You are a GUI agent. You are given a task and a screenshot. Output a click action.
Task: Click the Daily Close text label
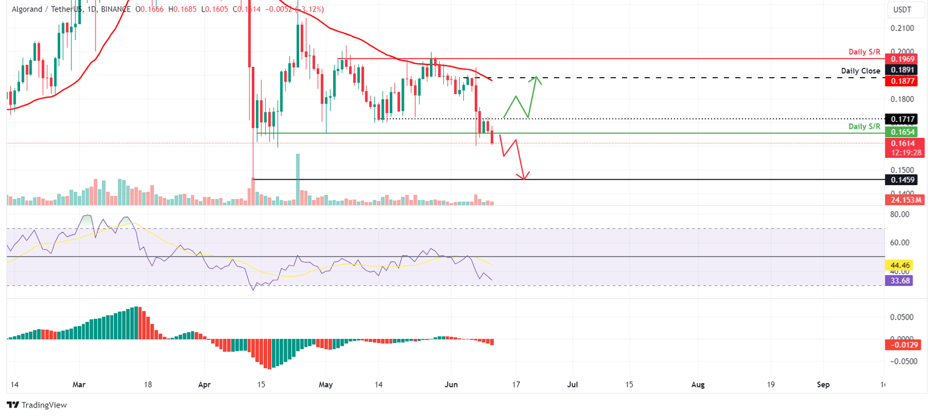860,71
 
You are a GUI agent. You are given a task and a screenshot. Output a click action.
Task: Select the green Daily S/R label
864,126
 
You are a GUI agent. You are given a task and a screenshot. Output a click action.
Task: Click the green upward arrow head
536,78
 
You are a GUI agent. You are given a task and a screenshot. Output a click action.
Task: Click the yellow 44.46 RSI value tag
900,265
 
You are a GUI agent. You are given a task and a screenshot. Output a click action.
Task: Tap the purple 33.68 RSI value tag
900,281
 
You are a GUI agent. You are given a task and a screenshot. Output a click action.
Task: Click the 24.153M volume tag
905,199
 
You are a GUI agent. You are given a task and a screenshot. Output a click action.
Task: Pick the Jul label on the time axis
572,384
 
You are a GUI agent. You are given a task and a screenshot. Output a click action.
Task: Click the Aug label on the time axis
698,384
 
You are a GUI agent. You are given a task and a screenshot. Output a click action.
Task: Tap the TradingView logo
37,405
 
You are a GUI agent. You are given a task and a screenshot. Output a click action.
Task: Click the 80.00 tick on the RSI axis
899,214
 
